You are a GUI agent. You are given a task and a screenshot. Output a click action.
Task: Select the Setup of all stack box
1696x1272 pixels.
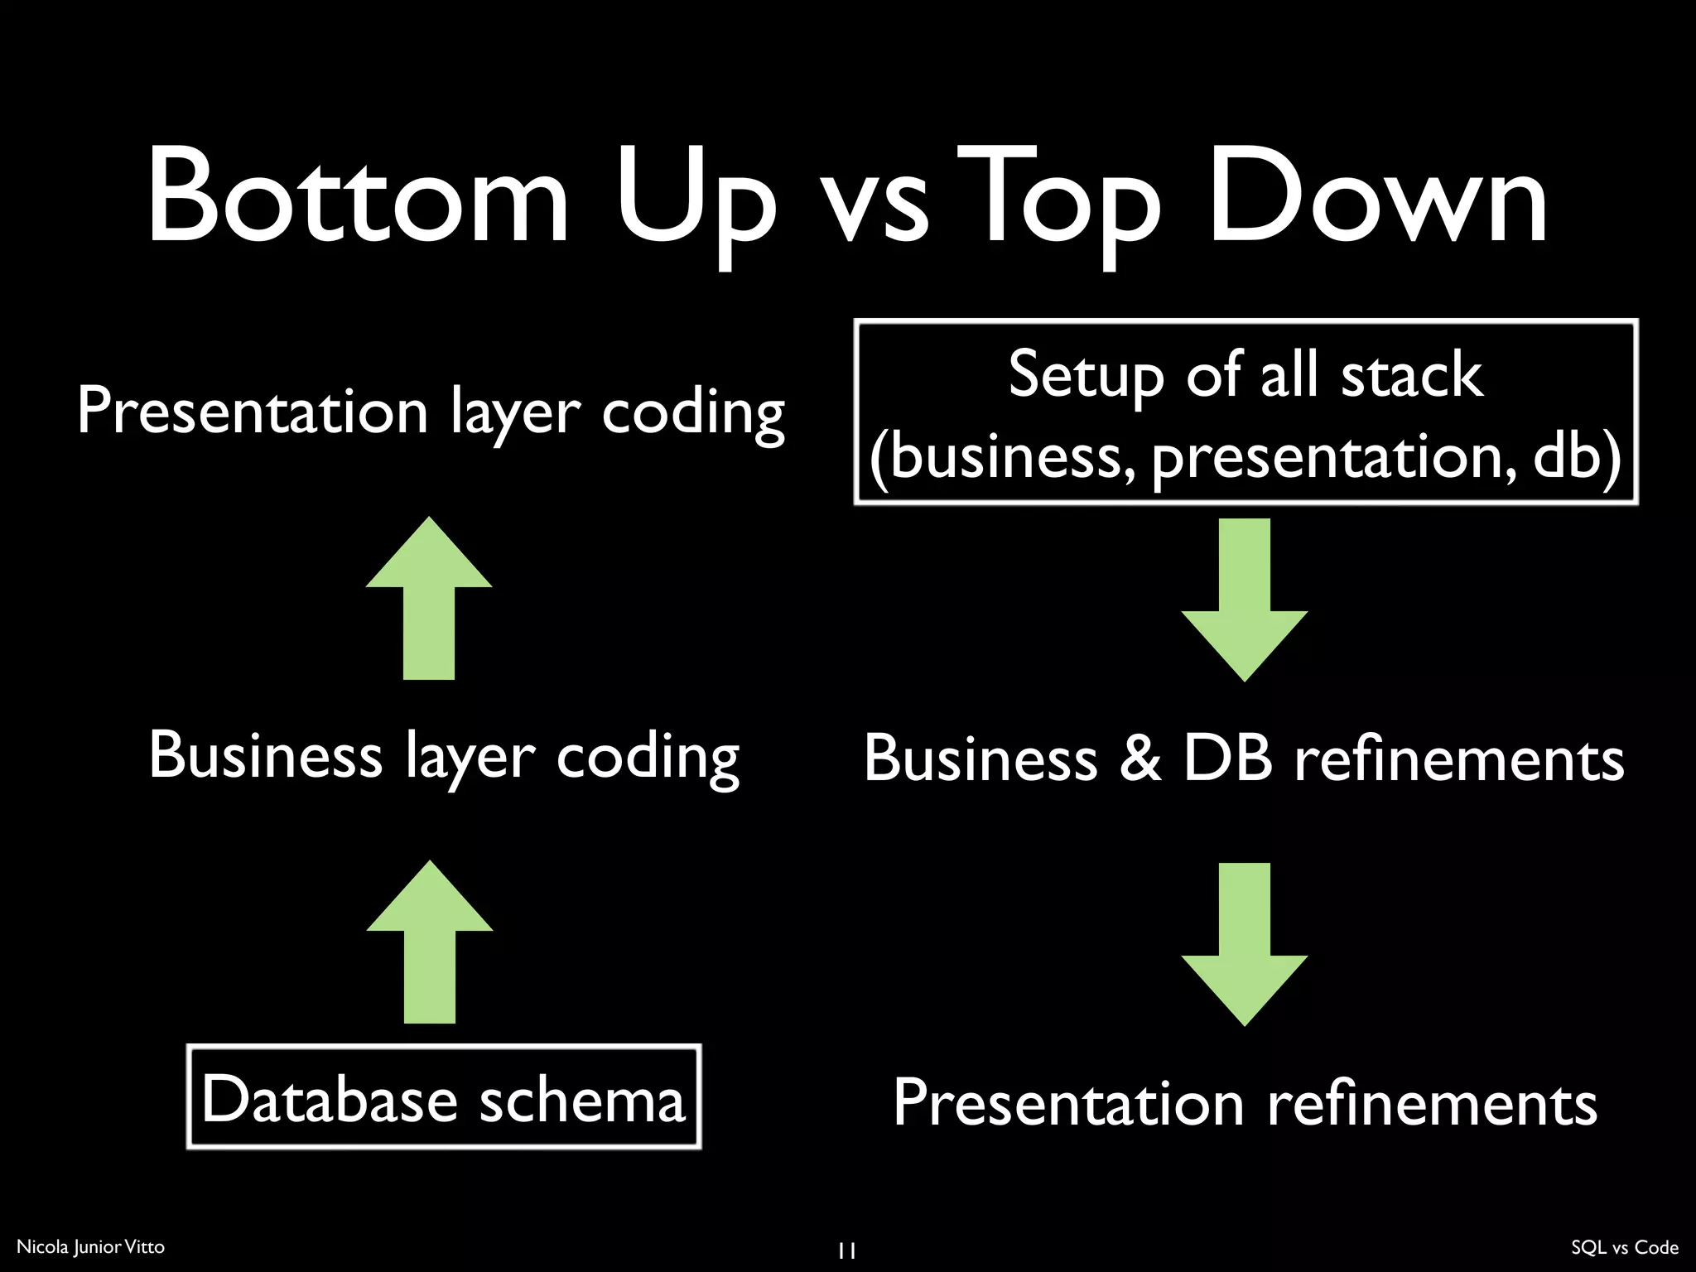tap(1245, 412)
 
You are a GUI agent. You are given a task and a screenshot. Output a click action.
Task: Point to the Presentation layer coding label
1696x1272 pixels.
tap(431, 412)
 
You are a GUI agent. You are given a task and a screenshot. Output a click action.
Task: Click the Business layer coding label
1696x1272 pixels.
tap(444, 756)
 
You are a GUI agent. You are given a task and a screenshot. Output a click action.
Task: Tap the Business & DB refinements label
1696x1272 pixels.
tap(1244, 759)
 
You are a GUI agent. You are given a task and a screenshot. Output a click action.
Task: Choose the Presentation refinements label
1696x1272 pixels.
tap(1244, 1103)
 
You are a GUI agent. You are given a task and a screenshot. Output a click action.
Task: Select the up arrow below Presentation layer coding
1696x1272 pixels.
tap(429, 598)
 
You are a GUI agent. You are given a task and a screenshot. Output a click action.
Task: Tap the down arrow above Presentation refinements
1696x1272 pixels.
tap(1244, 944)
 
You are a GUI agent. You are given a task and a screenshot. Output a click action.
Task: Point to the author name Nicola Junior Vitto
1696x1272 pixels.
tap(90, 1246)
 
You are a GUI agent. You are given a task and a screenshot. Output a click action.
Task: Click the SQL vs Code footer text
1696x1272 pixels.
tap(1624, 1247)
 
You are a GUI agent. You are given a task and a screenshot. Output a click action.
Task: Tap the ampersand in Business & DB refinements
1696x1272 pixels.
tap(1139, 759)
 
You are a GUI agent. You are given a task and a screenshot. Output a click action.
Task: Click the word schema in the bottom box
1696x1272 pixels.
tap(582, 1099)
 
